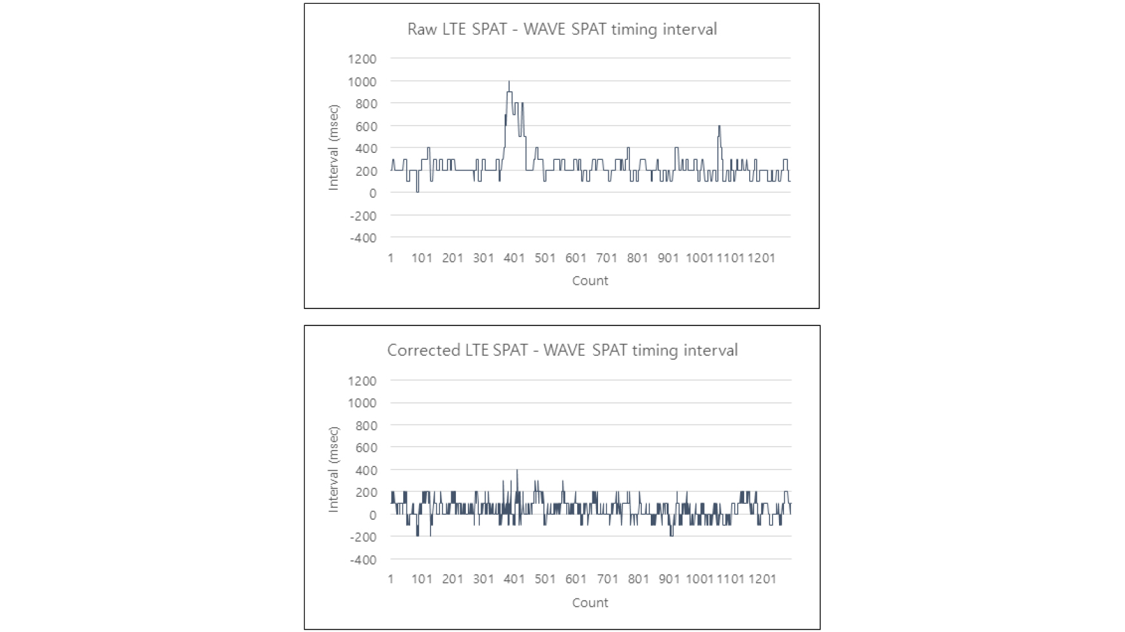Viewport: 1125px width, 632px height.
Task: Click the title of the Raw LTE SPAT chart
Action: coord(562,29)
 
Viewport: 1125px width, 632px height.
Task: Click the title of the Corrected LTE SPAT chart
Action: coord(562,350)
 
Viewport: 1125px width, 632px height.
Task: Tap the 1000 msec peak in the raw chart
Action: coord(509,82)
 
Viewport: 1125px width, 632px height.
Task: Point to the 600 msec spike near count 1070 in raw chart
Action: coord(719,128)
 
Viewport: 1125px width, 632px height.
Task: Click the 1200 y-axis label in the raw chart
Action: coord(362,59)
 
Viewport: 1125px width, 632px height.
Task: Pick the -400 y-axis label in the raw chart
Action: coord(363,238)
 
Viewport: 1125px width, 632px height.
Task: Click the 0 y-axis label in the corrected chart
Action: coord(373,515)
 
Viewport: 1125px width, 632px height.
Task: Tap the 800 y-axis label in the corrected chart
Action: coord(366,426)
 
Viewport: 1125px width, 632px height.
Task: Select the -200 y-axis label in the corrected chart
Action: coord(363,537)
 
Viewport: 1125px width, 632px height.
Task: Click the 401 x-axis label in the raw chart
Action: coord(514,258)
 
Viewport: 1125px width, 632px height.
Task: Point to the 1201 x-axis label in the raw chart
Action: coord(761,258)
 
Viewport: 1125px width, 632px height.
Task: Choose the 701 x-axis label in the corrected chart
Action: coord(608,579)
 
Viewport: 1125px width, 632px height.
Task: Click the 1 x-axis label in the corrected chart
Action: coord(390,579)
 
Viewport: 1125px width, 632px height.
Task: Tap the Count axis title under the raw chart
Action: coord(590,281)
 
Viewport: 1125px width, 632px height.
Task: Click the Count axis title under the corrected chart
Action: coord(590,603)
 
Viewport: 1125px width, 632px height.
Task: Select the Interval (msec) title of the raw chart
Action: coord(333,147)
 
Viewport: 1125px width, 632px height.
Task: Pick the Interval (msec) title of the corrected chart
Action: coord(333,470)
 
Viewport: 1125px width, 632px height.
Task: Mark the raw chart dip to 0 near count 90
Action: coord(417,190)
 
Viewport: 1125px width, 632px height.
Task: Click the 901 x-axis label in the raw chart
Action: coord(668,258)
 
